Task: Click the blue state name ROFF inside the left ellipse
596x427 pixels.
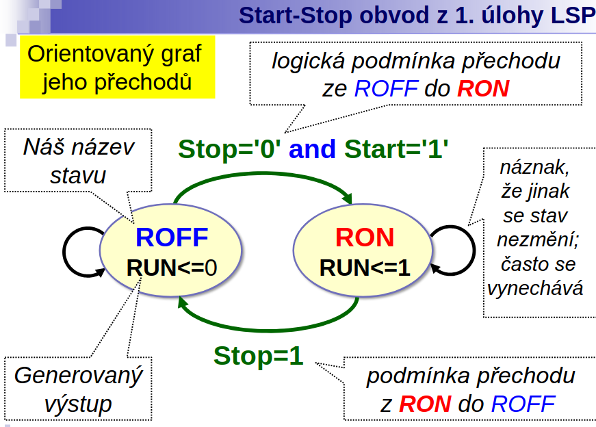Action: tap(172, 237)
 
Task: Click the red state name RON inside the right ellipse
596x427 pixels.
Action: tap(365, 237)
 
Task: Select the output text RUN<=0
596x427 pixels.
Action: tap(172, 268)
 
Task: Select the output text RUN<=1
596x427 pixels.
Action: tap(365, 268)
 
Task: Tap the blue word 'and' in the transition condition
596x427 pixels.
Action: tap(312, 148)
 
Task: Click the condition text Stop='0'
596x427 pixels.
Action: tap(230, 148)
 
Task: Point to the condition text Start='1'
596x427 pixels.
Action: tap(396, 148)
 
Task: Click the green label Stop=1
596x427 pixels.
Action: tap(259, 356)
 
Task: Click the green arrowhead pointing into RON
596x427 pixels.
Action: tap(348, 198)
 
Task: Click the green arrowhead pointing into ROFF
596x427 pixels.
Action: tap(183, 302)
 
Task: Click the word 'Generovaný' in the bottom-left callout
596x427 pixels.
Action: tap(78, 376)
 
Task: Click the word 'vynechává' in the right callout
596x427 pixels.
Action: tap(535, 289)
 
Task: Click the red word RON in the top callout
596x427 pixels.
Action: tap(483, 88)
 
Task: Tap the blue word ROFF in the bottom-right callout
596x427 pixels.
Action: tap(523, 404)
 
